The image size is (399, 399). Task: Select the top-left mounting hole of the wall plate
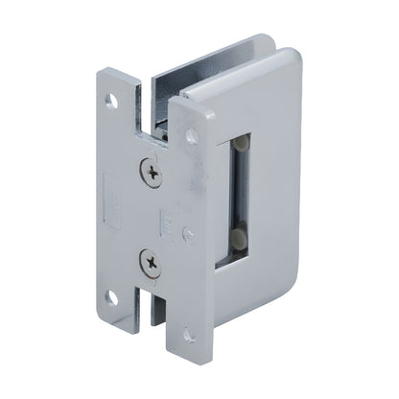(112, 98)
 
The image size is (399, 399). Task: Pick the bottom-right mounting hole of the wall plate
(189, 337)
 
